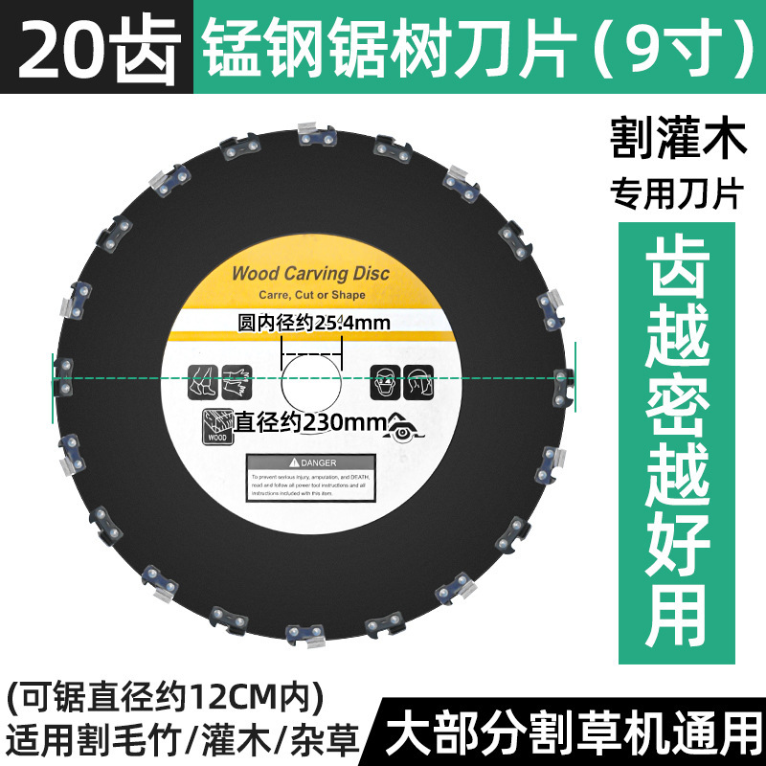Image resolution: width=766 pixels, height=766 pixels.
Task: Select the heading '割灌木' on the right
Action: click(678, 142)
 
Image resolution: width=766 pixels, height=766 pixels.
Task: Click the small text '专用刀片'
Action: click(678, 194)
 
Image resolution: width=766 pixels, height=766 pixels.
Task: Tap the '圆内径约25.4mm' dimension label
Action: click(313, 323)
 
